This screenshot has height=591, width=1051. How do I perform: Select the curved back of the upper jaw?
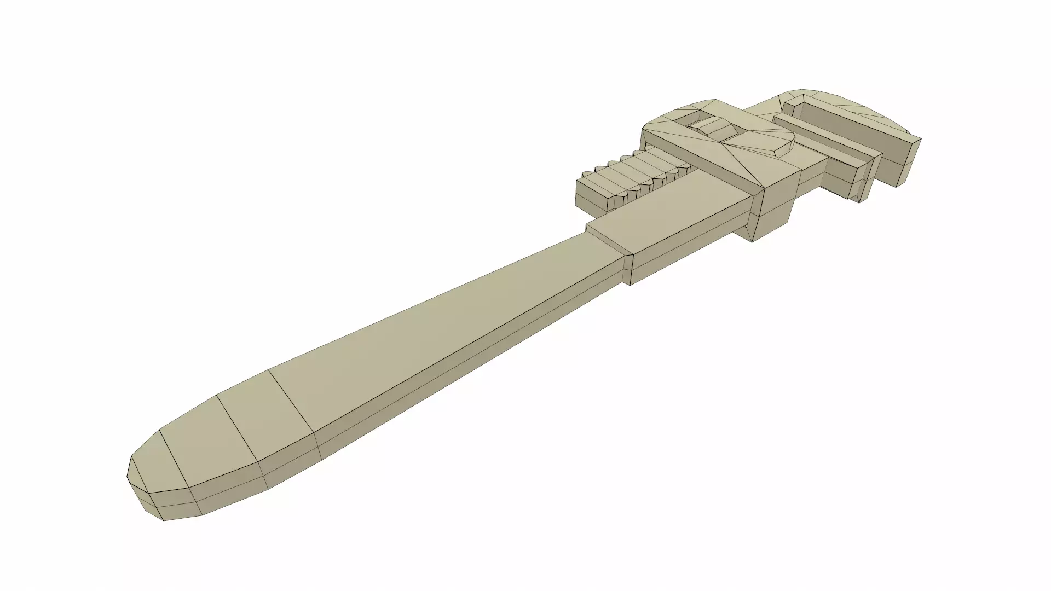(854, 107)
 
